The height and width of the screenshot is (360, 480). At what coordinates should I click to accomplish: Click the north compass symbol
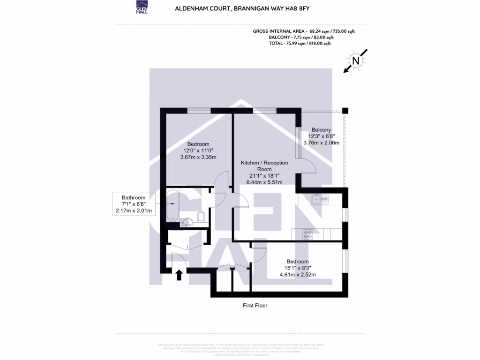(x=356, y=61)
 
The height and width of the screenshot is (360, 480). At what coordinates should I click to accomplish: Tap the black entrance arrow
(x=179, y=275)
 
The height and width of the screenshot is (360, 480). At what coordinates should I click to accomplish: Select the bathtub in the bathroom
(x=172, y=205)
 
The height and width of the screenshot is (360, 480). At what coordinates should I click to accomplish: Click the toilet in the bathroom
(x=201, y=216)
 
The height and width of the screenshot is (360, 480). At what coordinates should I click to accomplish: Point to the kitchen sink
(x=321, y=199)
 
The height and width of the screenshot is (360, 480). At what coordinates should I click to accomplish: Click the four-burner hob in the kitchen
(x=308, y=234)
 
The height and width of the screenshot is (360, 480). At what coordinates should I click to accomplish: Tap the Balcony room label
(x=321, y=130)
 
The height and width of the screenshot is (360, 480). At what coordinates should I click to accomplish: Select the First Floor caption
(x=255, y=306)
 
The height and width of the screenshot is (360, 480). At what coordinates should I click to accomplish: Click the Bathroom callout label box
(x=134, y=204)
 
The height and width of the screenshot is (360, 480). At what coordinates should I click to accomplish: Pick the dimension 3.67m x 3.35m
(x=198, y=157)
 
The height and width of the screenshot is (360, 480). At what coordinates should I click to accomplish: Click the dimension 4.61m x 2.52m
(x=298, y=275)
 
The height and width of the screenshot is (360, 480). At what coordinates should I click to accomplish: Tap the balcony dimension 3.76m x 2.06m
(x=322, y=142)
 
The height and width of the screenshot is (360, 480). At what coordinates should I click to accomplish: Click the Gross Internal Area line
(x=304, y=31)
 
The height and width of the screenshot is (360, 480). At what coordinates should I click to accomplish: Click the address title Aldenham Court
(x=242, y=8)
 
